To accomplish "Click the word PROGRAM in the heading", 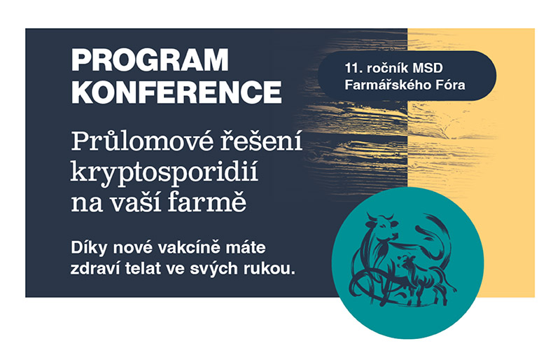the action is pos(150,60).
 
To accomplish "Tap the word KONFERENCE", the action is pos(177,92).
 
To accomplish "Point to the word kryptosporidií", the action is pos(164,173).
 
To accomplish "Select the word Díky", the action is pos(89,248).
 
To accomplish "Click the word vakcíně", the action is pos(188,248).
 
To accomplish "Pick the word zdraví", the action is pos(94,269).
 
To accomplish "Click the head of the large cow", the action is pos(382,226).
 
